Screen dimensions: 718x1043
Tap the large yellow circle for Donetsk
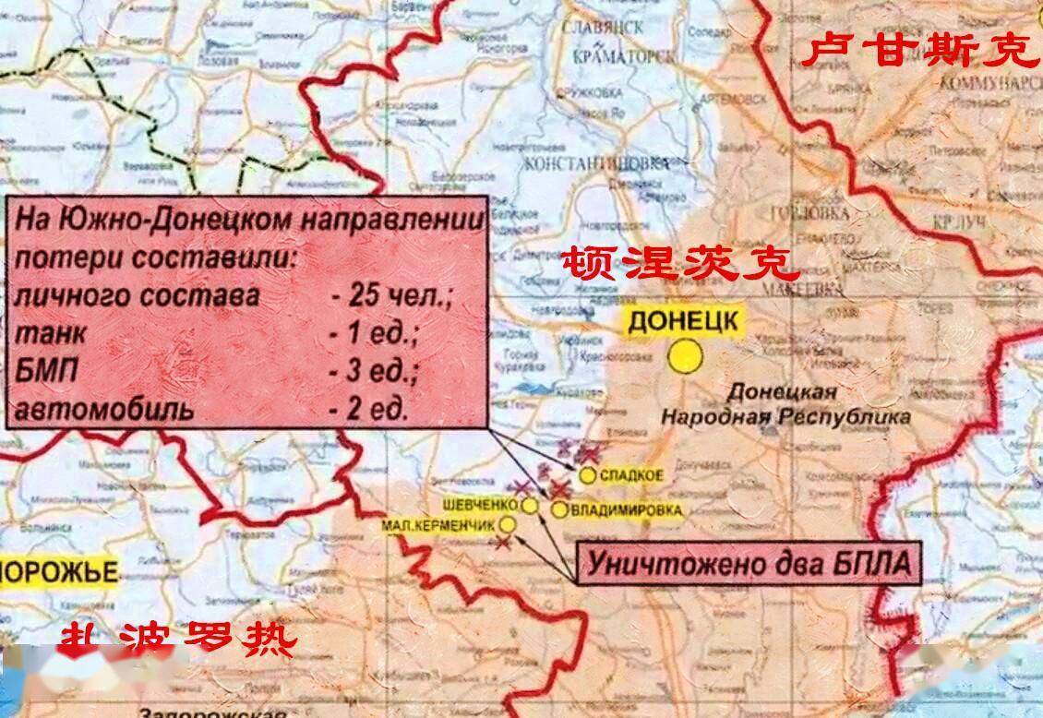686,357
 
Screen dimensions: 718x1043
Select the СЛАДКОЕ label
632,475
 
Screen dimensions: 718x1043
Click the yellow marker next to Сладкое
588,474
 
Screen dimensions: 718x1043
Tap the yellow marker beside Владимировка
559,509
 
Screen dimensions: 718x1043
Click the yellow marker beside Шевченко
530,505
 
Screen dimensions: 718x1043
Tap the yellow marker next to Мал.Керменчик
508,524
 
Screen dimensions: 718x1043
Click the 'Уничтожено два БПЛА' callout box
749,562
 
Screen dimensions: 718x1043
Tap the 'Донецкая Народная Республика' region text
785,404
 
